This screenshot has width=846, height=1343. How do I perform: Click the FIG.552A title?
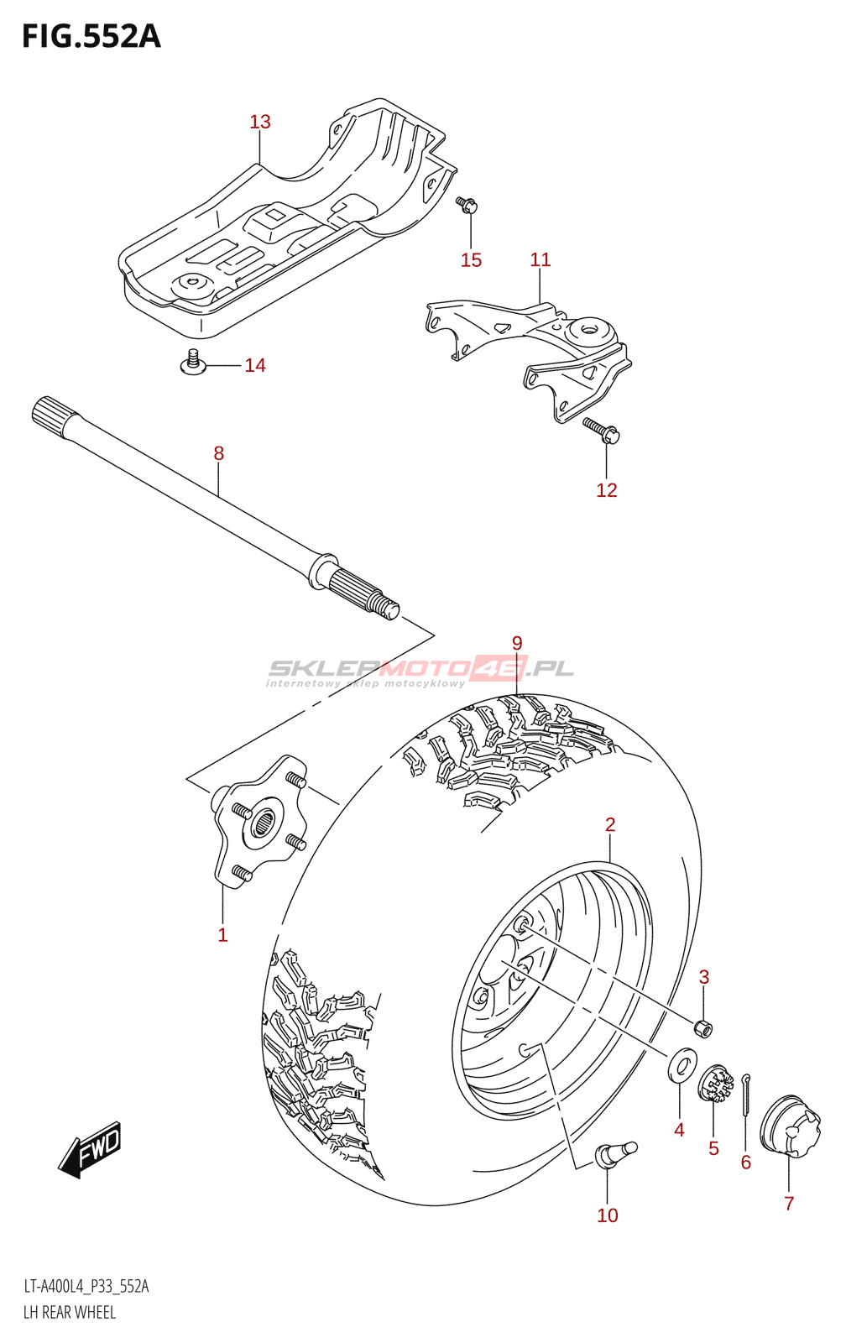[x=91, y=37]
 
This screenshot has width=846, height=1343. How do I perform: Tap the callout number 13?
[x=260, y=122]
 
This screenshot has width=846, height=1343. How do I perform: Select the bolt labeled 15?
[x=467, y=204]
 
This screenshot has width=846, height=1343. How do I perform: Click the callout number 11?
[x=540, y=260]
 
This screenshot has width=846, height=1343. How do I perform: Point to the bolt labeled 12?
[x=603, y=431]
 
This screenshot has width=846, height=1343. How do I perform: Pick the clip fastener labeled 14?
[x=193, y=363]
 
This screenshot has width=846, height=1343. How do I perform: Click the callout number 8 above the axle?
[x=219, y=453]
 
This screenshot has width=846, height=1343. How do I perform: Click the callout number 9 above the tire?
[x=517, y=643]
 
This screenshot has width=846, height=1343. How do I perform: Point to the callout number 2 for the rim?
[x=610, y=824]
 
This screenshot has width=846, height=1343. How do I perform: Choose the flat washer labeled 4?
[x=681, y=1066]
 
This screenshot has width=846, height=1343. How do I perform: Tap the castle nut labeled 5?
[x=715, y=1083]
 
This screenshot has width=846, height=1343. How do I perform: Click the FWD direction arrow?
[x=91, y=1148]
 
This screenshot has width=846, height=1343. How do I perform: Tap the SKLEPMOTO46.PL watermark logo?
[x=420, y=670]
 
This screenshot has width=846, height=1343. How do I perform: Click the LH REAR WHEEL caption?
[x=70, y=1312]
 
